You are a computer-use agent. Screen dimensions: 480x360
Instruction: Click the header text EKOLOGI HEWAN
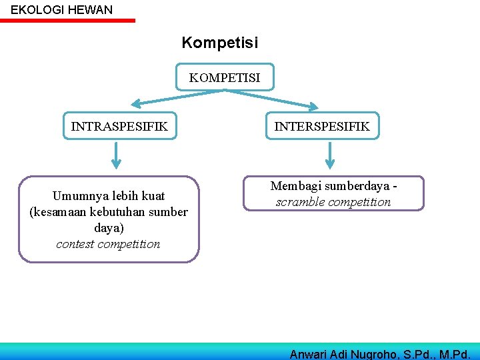pyautogui.click(x=61, y=10)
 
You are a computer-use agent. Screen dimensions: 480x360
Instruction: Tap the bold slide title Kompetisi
pyautogui.click(x=220, y=43)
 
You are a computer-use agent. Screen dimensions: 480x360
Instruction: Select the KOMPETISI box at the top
pyautogui.click(x=225, y=78)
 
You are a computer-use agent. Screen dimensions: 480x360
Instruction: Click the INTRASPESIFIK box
pyautogui.click(x=119, y=125)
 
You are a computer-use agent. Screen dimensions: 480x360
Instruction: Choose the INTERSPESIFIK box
pyautogui.click(x=323, y=125)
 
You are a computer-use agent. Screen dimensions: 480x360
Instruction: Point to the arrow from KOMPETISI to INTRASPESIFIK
pyautogui.click(x=173, y=97)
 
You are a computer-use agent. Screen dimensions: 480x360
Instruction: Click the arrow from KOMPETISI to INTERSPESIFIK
pyautogui.click(x=273, y=97)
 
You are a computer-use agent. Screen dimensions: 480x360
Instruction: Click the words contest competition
pyautogui.click(x=108, y=244)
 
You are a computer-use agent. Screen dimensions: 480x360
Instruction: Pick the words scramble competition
pyautogui.click(x=333, y=202)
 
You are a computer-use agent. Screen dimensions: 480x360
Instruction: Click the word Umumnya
pyautogui.click(x=76, y=196)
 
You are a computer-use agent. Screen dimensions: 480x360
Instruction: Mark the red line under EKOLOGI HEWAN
pyautogui.click(x=67, y=21)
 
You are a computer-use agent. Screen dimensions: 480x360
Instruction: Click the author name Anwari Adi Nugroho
pyautogui.click(x=345, y=354)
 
